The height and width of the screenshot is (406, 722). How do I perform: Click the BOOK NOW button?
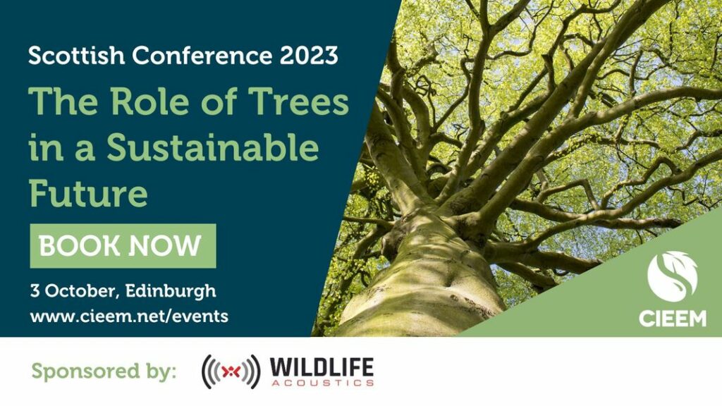coord(123,246)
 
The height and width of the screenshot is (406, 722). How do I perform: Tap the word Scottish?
coord(76,55)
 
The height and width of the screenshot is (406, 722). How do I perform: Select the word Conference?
coord(202,55)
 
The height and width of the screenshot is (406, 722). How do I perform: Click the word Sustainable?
coord(213,147)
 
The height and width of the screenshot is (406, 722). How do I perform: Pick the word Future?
coord(88,193)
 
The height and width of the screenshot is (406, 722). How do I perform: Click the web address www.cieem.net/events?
coord(129,316)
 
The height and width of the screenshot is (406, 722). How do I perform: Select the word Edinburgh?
coord(171,292)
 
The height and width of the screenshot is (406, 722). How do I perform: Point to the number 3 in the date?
coord(35,291)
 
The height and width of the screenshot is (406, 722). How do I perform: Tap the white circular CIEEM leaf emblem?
coord(672,276)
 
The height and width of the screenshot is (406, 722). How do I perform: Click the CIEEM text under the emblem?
coord(672,319)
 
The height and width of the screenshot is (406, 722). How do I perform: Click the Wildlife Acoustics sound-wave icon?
coord(231,371)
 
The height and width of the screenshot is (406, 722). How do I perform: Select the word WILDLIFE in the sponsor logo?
coord(322,367)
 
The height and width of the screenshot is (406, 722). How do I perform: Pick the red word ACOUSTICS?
coord(322,383)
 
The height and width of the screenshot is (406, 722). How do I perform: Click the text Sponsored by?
coord(104,371)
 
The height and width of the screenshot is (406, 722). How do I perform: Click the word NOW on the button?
coord(165,246)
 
